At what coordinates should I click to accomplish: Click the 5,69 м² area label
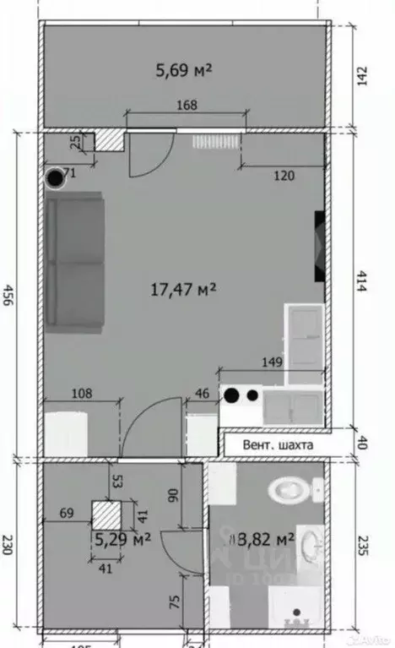[183, 71]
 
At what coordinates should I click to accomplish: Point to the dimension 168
[187, 106]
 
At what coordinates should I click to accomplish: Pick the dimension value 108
[82, 393]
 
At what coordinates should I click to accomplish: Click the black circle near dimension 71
[56, 178]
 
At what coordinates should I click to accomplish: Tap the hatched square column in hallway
[107, 515]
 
